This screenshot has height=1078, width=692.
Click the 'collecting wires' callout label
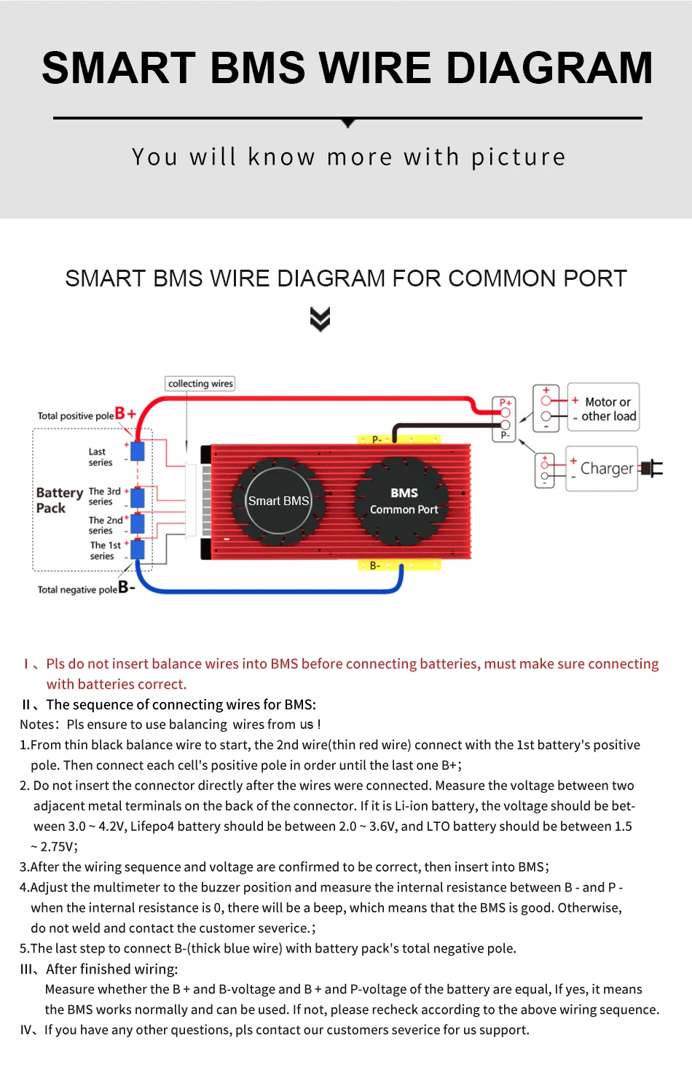(200, 383)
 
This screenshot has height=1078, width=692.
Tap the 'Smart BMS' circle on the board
(278, 501)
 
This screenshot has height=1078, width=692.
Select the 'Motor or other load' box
(604, 408)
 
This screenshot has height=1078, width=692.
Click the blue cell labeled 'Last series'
(137, 451)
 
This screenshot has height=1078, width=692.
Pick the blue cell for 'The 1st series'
(137, 549)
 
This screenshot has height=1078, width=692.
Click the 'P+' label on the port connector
(505, 402)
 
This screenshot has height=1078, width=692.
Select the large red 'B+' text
(125, 413)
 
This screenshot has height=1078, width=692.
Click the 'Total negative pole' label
(77, 590)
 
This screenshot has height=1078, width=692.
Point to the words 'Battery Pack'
(58, 500)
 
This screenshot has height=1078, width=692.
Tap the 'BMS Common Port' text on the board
(404, 501)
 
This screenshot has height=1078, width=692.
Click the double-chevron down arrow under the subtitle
(320, 319)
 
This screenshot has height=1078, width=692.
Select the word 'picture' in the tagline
(518, 157)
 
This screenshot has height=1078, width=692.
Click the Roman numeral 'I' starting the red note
(26, 663)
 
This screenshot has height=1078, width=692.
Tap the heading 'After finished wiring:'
(111, 969)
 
